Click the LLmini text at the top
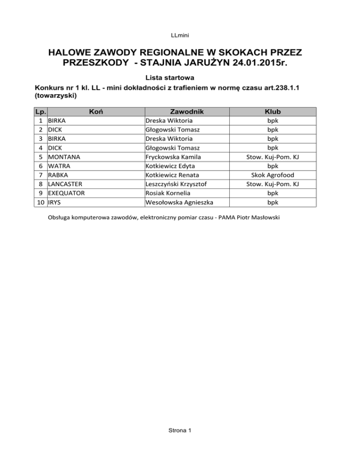tap(180, 35)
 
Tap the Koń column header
tap(96, 112)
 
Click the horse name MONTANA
tap(65, 157)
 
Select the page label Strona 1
tap(180, 431)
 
